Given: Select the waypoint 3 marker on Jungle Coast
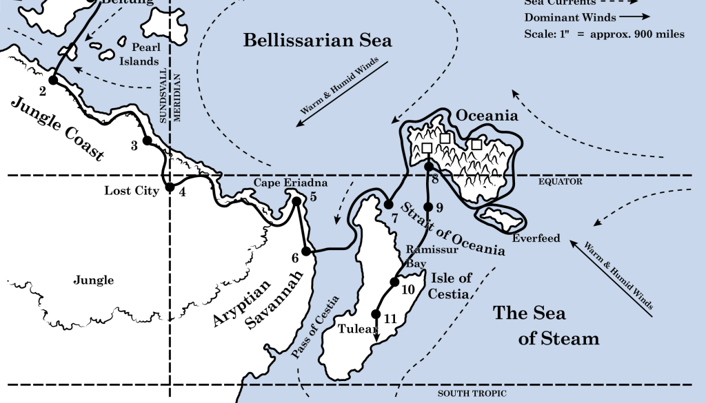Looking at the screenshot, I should (x=146, y=141).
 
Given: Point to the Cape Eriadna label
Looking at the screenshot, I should (x=281, y=183).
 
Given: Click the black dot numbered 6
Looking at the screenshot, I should (x=307, y=252).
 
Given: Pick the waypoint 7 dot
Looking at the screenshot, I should (x=389, y=205).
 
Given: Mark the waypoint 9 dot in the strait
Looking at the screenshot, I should (x=428, y=207).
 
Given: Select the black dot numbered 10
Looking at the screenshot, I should (x=395, y=281).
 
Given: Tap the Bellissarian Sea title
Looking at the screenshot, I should (x=317, y=41).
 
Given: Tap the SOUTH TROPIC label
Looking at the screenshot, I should (x=472, y=393).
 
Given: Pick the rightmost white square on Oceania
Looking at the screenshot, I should (x=476, y=144).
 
